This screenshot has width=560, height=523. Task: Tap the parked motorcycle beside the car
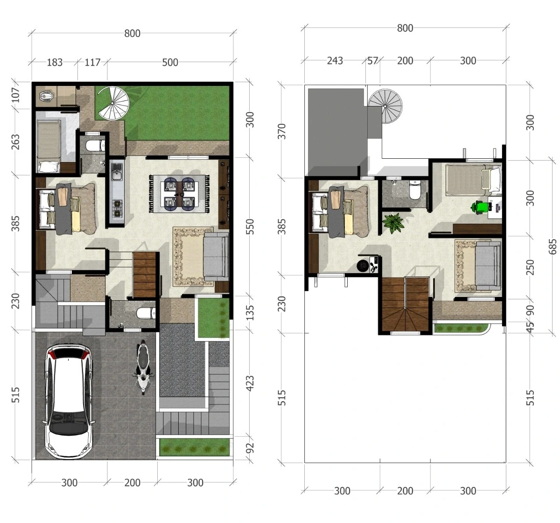(143, 367)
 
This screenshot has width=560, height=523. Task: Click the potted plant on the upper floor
(393, 223)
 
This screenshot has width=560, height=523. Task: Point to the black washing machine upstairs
(363, 265)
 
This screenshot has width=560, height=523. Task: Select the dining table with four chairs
(179, 194)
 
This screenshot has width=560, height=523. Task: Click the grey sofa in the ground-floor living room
(216, 256)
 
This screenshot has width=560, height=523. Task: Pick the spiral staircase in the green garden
(113, 103)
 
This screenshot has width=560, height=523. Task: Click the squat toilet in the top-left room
(46, 97)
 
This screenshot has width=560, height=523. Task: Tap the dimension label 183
(55, 63)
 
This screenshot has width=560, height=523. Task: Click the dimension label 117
(92, 63)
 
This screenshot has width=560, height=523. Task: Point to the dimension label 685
(553, 247)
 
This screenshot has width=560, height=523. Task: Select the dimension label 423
(250, 383)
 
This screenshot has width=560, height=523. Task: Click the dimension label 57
(372, 61)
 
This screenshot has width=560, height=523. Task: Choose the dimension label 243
(335, 61)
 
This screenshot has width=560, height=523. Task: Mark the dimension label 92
(250, 448)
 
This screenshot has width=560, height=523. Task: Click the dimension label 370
(282, 131)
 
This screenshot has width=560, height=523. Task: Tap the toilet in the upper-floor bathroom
(415, 190)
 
